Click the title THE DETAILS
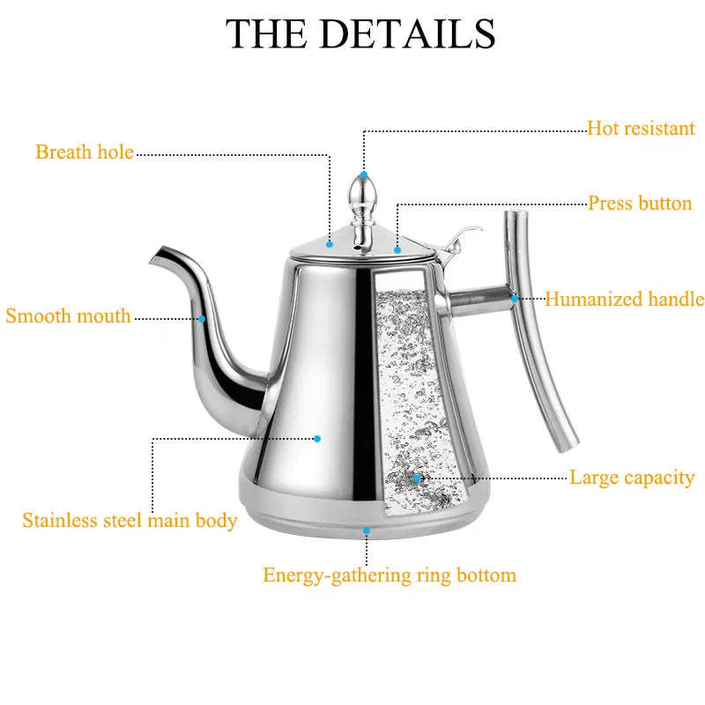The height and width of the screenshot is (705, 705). point(360,33)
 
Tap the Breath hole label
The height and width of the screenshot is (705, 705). point(85,152)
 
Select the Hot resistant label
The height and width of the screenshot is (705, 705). point(642,128)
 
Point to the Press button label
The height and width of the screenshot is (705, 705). point(640,204)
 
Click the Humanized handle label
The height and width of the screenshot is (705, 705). point(625,299)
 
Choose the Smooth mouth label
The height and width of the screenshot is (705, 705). point(68,315)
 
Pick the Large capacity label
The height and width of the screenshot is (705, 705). point(632,478)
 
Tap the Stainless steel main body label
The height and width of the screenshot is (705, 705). point(130,521)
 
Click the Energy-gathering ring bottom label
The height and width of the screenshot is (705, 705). point(390,575)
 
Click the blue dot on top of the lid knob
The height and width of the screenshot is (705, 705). point(364,174)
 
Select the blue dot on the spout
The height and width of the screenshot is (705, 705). point(202,319)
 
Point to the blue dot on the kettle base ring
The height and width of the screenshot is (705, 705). point(367,531)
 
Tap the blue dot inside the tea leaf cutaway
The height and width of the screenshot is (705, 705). point(417,479)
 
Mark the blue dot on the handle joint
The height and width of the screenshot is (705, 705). point(515,298)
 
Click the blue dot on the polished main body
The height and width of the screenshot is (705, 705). point(317,439)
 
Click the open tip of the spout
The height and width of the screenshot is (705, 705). point(156,256)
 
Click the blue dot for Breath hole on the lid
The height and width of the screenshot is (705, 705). point(330,244)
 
